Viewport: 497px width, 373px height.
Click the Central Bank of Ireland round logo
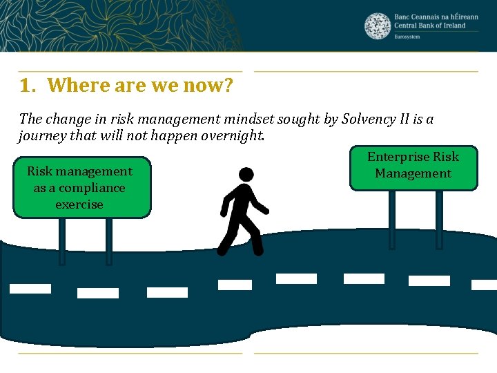[377, 26]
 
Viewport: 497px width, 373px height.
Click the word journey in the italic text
[41, 136]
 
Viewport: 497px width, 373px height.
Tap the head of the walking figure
[245, 175]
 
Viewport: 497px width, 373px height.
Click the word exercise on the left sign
[79, 204]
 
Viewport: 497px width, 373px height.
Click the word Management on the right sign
[413, 173]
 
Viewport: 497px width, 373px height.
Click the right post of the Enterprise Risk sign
[439, 219]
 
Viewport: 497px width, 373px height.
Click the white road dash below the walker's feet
[235, 285]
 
